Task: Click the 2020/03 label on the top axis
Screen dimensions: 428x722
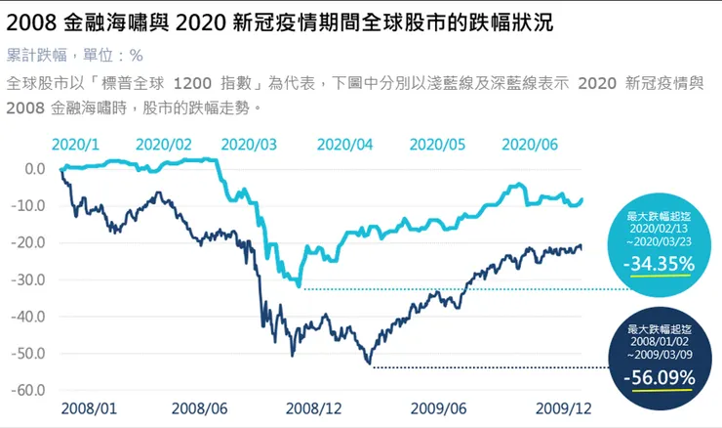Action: coord(249,144)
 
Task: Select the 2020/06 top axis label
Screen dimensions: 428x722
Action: coord(530,144)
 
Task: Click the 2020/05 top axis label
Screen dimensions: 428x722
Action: coord(438,144)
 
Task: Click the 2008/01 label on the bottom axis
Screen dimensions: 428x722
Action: coord(88,407)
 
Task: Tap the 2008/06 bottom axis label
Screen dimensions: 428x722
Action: coord(201,407)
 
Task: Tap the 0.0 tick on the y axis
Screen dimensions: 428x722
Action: coord(34,168)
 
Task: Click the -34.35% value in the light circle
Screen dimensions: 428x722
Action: coord(660,263)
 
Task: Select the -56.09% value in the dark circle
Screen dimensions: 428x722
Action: coord(660,378)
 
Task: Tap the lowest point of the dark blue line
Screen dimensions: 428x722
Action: coord(369,364)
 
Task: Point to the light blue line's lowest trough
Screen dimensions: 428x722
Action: coord(299,284)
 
